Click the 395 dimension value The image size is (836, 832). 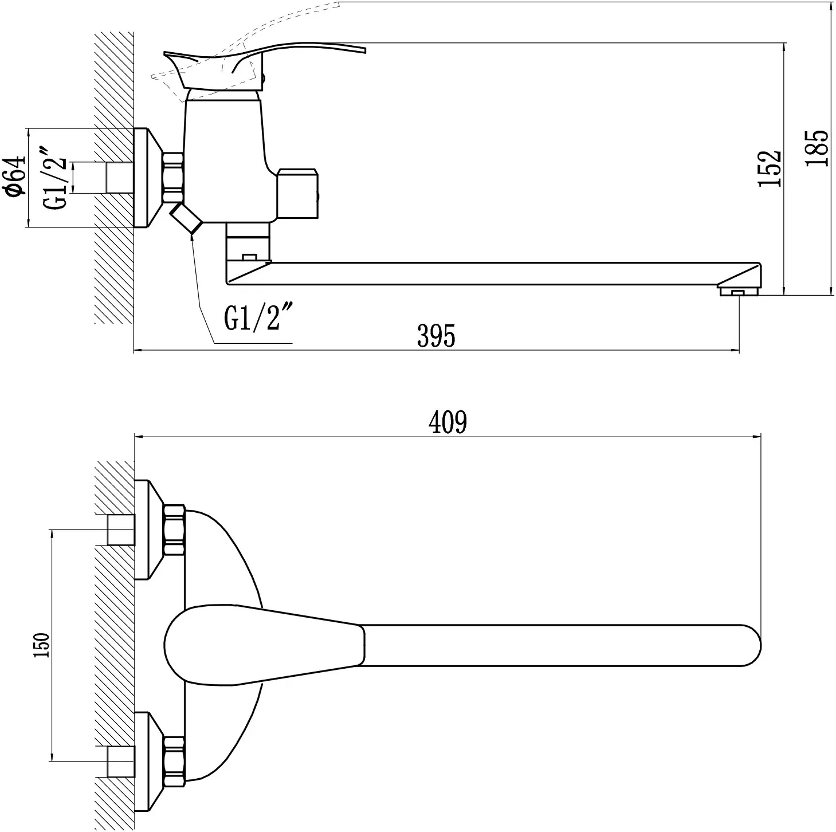coord(436,335)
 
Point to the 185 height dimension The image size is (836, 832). coord(817,148)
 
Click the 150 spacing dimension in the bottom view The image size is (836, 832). coord(42,645)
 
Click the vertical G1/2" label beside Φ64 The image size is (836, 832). coord(56,178)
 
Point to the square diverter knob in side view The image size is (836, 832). coord(298,193)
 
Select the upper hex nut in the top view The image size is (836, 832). coord(175,529)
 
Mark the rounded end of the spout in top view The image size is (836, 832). coord(751,645)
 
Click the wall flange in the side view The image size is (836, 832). coord(147,177)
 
